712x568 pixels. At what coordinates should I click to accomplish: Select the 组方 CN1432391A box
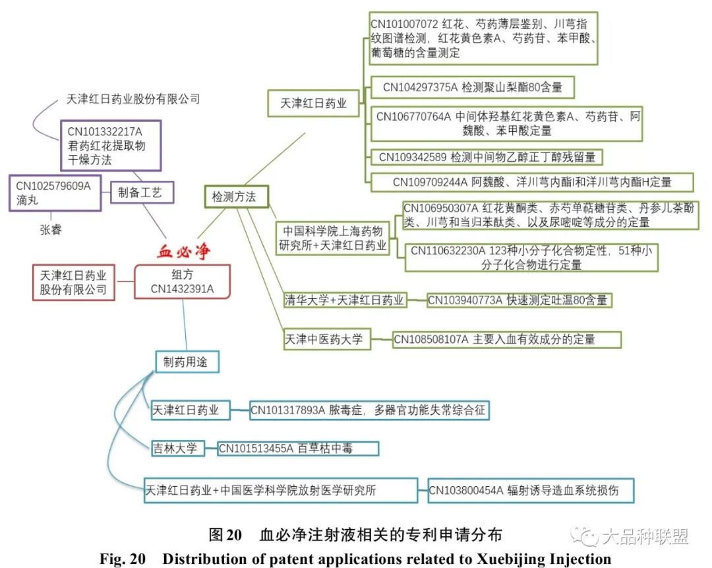(x=182, y=281)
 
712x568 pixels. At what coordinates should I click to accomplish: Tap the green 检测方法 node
(x=236, y=197)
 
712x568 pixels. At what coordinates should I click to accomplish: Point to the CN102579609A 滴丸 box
(x=55, y=193)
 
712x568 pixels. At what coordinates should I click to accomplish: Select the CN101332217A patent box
(x=111, y=145)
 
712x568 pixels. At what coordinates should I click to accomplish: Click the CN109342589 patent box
(x=487, y=157)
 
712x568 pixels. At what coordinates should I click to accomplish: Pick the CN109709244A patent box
(x=533, y=181)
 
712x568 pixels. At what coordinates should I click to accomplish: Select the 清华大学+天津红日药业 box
(x=343, y=300)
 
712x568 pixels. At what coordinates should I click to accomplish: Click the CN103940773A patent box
(x=518, y=300)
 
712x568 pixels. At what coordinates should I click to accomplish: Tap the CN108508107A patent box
(x=506, y=340)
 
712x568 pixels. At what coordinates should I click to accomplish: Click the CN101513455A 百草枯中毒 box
(x=298, y=449)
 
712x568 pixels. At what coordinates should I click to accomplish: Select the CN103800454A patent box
(x=531, y=490)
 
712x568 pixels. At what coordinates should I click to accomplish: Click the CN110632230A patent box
(x=531, y=258)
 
